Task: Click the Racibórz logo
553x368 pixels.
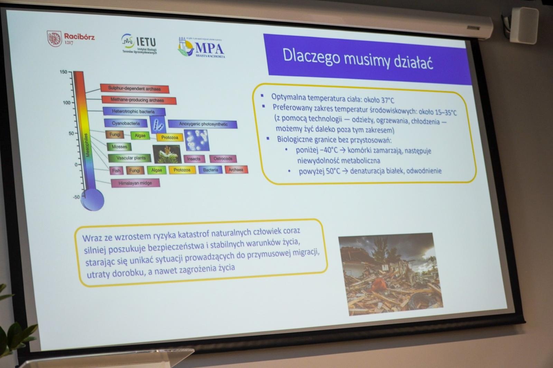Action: [71, 38]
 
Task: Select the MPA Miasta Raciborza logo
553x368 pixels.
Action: [201, 48]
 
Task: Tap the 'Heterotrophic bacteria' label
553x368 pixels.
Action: [133, 112]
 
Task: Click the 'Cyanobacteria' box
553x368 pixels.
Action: [126, 123]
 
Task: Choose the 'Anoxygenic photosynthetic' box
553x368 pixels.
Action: [203, 124]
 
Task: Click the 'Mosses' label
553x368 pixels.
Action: [120, 147]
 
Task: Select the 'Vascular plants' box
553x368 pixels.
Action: [131, 158]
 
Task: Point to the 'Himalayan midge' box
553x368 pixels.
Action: [135, 183]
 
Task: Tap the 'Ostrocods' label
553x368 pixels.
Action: [223, 159]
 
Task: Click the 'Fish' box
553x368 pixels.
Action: [116, 171]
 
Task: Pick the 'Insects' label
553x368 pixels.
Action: [194, 159]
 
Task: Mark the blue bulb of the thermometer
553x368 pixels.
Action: [92, 201]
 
